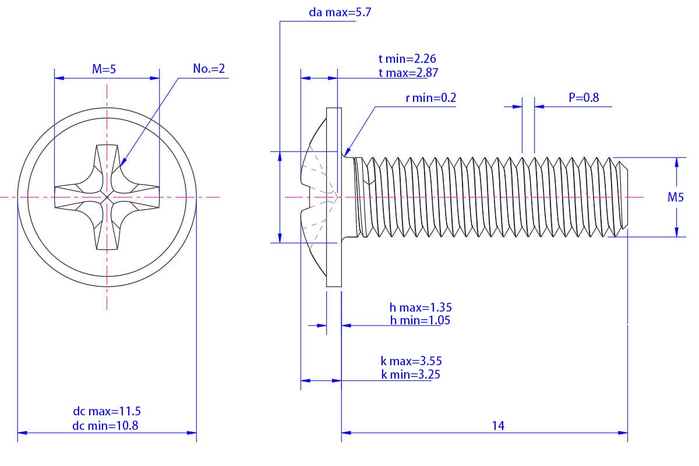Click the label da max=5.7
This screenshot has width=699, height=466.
(340, 12)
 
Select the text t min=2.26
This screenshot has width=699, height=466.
(407, 59)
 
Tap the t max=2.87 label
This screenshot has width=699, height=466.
(408, 73)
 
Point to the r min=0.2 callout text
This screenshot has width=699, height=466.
(430, 98)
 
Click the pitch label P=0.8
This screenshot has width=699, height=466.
(584, 98)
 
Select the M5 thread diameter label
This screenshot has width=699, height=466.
(675, 197)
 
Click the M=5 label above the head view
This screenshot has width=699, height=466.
(104, 69)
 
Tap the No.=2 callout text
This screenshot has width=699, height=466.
(209, 69)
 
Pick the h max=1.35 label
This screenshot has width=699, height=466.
(421, 307)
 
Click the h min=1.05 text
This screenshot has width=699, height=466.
(420, 320)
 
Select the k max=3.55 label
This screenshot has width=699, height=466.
(408, 361)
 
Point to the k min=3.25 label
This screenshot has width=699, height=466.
(411, 375)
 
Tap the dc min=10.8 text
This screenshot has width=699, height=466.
(105, 425)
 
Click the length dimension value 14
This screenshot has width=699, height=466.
(497, 425)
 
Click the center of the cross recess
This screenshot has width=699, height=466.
(107, 197)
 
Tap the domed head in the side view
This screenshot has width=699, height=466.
(315, 197)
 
